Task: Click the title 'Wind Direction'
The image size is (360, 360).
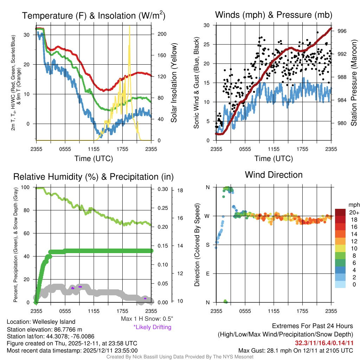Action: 274,175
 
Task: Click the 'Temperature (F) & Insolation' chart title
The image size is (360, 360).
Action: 94,16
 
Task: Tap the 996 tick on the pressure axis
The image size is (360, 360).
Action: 342,31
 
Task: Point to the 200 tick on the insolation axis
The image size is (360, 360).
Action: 162,34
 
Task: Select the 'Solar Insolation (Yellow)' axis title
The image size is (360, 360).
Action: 174,83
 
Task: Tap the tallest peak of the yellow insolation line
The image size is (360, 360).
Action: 130,26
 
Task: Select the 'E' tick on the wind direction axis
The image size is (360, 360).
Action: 208,273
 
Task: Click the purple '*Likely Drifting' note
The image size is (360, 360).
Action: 152,327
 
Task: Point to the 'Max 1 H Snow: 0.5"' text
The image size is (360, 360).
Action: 147,319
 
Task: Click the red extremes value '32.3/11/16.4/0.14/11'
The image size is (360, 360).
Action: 324,342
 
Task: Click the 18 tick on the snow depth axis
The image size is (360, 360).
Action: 180,191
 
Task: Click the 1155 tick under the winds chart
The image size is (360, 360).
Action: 274,149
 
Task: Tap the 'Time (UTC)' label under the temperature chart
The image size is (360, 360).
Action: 94,159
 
